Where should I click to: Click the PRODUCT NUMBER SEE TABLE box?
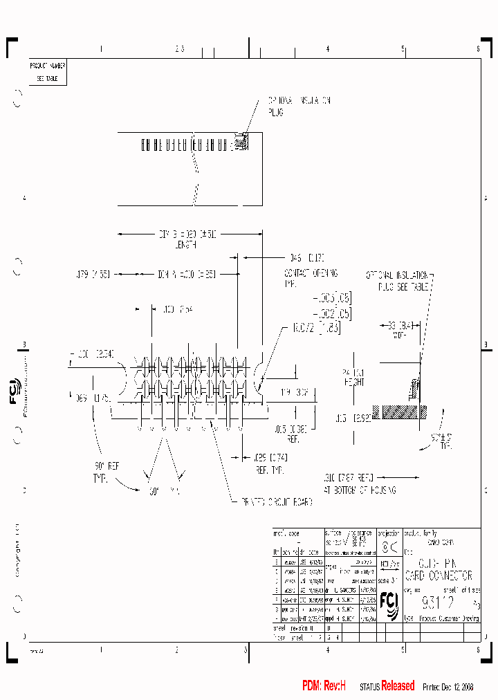(x=47, y=72)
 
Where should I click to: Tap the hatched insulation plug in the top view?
(x=241, y=141)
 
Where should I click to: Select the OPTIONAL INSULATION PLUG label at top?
(x=299, y=106)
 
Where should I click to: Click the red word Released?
(x=398, y=686)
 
